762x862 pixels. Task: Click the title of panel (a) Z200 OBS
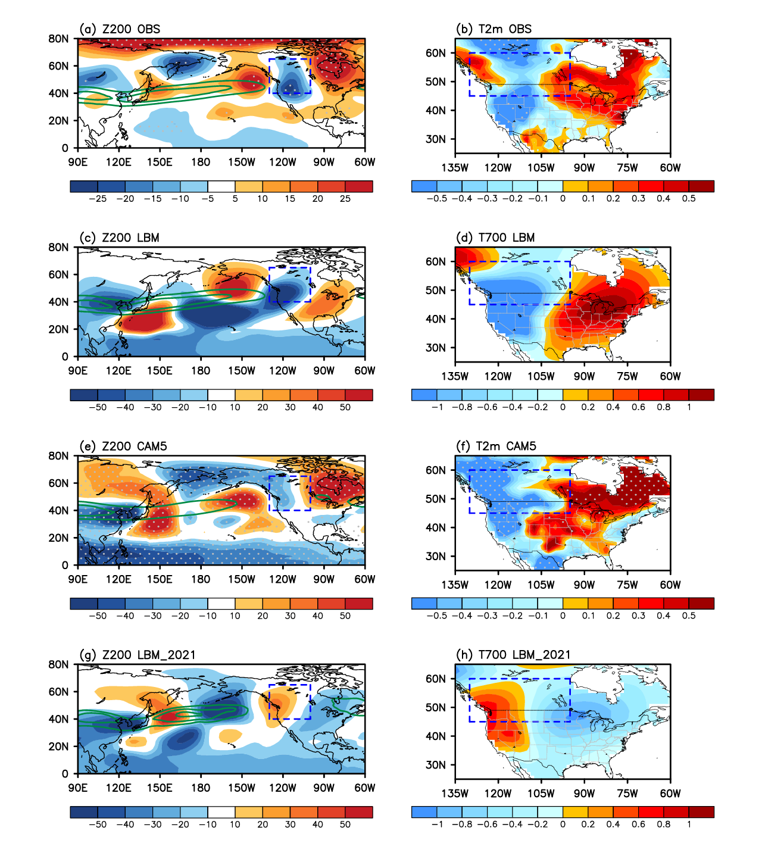click(120, 29)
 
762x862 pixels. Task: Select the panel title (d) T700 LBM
click(495, 238)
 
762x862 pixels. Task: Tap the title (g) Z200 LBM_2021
click(138, 655)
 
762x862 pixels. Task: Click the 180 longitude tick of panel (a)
click(201, 163)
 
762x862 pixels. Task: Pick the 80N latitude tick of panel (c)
click(59, 248)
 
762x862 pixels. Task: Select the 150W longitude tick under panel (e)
click(242, 580)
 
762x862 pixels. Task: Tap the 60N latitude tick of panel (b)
click(436, 54)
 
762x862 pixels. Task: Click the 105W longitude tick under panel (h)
click(541, 794)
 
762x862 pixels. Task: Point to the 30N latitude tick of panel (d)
click(436, 348)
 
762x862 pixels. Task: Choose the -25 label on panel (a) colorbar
click(98, 199)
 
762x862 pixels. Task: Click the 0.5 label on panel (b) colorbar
click(689, 199)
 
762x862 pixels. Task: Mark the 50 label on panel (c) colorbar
click(345, 408)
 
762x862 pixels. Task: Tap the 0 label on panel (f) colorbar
click(563, 616)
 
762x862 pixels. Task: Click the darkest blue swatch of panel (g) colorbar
click(83, 812)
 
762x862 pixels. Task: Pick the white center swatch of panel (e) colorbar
click(221, 604)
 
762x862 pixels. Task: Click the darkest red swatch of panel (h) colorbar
click(701, 812)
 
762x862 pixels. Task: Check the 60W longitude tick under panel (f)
click(670, 585)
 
